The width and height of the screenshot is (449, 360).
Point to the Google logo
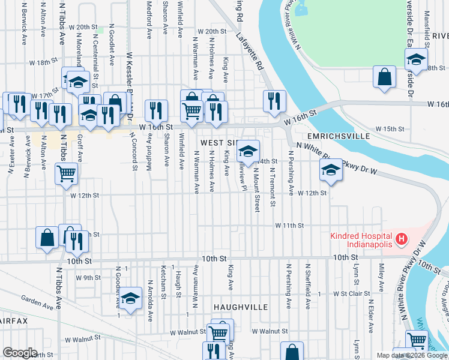click(20, 353)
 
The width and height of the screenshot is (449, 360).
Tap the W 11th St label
click(290, 226)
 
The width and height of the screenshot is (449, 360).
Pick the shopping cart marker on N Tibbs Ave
click(66, 174)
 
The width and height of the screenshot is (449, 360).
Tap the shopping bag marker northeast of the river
click(384, 77)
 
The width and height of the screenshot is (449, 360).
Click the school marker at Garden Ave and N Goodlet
click(130, 298)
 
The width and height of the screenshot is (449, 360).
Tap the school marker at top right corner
click(416, 59)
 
